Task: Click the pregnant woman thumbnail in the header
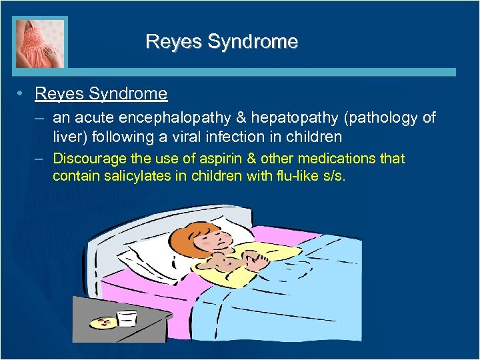point(40,43)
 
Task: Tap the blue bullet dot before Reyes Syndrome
point(23,94)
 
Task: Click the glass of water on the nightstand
point(127,318)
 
